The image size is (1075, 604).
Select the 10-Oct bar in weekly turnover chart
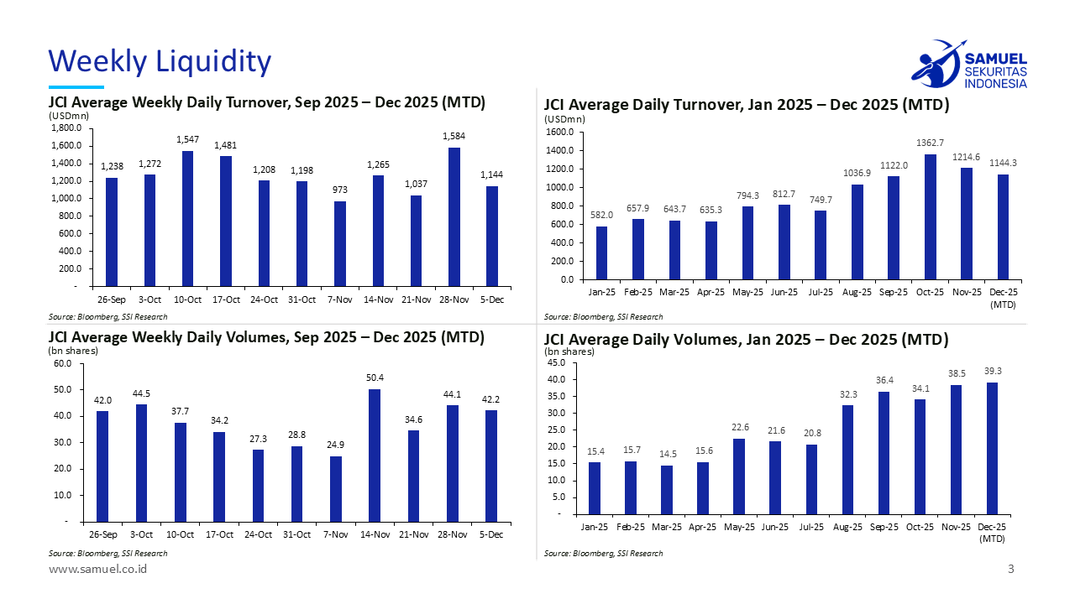point(188,218)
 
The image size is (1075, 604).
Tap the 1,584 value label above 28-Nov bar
point(454,136)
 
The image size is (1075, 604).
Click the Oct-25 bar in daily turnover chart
point(930,216)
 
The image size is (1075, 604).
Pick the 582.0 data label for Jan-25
point(601,215)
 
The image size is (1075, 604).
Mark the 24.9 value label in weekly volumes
point(336,445)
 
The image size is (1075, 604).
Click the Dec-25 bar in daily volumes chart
point(992,448)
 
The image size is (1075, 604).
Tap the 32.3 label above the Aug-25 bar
point(847,393)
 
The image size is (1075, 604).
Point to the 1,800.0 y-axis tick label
point(66,128)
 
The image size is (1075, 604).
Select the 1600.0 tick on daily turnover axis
point(560,133)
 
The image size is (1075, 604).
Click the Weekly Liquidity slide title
point(160,61)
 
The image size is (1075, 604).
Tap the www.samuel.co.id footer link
point(98,570)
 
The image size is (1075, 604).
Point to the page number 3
point(1011,570)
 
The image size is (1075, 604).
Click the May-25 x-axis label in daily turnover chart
point(747,292)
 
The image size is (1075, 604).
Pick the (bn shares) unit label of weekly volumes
point(72,351)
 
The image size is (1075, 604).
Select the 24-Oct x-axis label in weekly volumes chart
point(257,534)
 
